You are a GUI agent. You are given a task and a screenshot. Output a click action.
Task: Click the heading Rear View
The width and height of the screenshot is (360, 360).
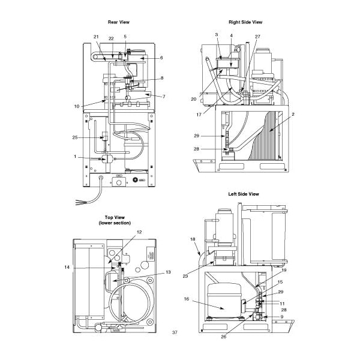click(118, 22)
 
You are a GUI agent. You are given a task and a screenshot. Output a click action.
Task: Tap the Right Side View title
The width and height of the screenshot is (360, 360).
click(245, 22)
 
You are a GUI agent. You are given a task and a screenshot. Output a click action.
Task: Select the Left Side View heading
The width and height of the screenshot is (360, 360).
click(243, 194)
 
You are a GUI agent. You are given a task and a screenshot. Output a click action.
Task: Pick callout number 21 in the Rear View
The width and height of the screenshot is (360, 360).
click(96, 37)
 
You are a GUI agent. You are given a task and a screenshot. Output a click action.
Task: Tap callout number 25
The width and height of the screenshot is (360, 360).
click(76, 137)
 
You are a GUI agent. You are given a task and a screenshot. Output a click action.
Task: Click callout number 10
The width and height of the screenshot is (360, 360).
click(77, 106)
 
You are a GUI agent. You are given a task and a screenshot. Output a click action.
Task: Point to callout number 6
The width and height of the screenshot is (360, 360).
click(161, 58)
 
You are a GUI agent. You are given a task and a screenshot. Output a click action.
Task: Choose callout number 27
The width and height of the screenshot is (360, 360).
click(257, 37)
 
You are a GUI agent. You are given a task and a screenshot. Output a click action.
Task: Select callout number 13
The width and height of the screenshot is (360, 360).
click(169, 272)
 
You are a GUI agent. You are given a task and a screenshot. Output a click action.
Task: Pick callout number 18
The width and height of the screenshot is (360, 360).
click(193, 239)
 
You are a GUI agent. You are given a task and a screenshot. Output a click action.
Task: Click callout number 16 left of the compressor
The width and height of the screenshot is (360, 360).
click(187, 298)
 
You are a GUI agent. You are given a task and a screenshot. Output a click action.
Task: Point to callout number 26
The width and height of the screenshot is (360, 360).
click(223, 337)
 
